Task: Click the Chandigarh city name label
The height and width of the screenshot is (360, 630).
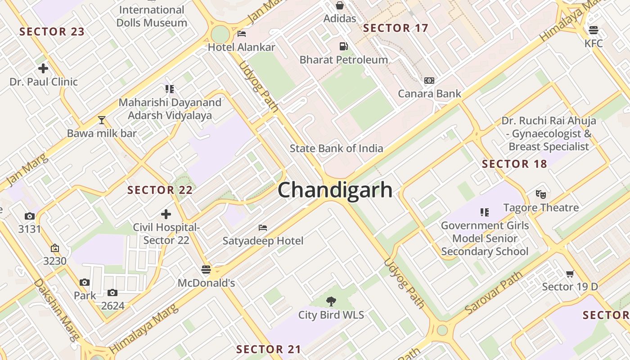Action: click(x=335, y=190)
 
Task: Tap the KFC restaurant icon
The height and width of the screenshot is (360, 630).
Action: click(x=593, y=31)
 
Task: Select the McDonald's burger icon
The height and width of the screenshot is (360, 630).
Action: click(x=206, y=270)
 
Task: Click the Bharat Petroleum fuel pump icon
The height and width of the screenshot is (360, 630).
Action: click(x=343, y=46)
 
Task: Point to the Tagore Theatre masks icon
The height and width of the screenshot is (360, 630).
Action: click(x=541, y=194)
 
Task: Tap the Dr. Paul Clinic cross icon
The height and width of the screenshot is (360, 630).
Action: click(x=43, y=69)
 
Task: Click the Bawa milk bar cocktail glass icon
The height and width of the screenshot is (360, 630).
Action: click(x=102, y=120)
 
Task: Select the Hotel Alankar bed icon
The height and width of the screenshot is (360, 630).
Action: click(x=242, y=34)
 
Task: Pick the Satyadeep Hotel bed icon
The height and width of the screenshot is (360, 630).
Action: click(x=263, y=228)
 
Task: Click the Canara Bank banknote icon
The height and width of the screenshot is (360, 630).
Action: click(x=429, y=81)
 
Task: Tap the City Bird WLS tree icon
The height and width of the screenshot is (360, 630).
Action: click(x=331, y=301)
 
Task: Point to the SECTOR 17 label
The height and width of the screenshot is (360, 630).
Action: click(x=396, y=28)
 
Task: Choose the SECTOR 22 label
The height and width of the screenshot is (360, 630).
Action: click(x=160, y=190)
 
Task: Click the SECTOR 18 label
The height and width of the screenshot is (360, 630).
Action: click(x=514, y=164)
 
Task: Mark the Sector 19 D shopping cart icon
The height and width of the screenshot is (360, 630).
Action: click(x=570, y=274)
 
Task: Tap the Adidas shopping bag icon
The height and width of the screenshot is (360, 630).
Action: click(x=340, y=5)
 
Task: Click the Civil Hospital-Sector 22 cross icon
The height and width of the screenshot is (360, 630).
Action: click(x=166, y=214)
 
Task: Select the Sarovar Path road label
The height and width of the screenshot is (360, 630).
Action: click(x=494, y=292)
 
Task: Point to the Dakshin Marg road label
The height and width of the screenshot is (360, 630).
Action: click(x=56, y=310)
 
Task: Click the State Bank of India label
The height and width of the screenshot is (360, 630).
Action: click(x=336, y=148)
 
